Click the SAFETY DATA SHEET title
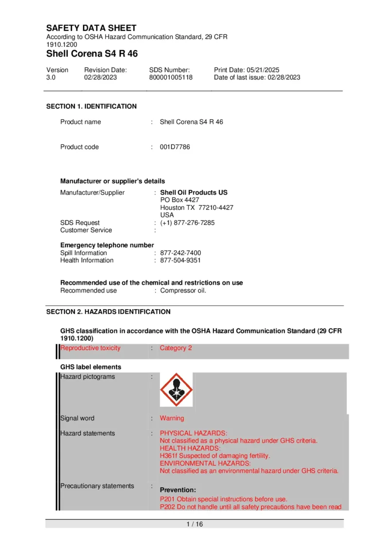(91, 28)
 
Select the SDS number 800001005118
(171, 77)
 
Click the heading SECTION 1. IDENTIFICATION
(91, 106)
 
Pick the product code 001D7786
(175, 147)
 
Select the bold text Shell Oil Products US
(194, 192)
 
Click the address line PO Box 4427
(179, 200)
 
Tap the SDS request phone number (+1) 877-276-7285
(187, 222)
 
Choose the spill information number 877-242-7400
(180, 253)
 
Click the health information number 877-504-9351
(180, 260)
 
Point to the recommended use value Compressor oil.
(183, 291)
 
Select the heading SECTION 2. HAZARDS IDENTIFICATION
(108, 312)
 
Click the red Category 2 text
(176, 348)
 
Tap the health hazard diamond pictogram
(177, 389)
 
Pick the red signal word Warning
(172, 418)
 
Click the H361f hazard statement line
(215, 456)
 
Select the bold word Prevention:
(178, 490)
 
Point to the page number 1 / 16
(194, 524)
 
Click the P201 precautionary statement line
(224, 499)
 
